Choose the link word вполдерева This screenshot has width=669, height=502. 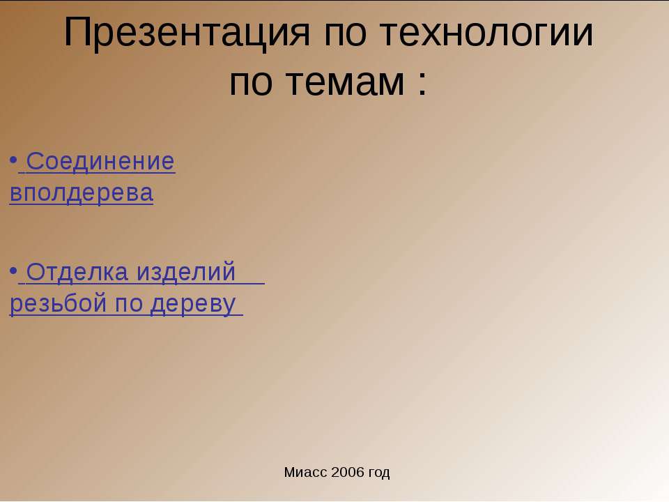(x=82, y=193)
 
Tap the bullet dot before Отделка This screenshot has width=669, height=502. (x=13, y=271)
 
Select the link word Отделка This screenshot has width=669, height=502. (x=77, y=273)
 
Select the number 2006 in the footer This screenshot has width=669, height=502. (x=347, y=473)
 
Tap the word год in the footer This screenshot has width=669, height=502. (x=378, y=473)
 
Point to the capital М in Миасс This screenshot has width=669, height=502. (x=289, y=473)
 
